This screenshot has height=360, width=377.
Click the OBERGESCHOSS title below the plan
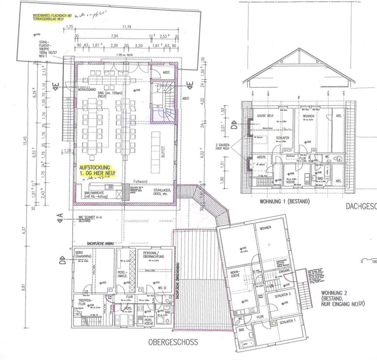coord(173,342)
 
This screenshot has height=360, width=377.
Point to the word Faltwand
coord(139,181)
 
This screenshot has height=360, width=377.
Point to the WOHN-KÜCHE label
coord(235,275)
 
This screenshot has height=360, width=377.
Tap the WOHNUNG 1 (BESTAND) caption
coord(285,201)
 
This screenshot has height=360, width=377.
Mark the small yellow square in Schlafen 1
coord(274,324)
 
